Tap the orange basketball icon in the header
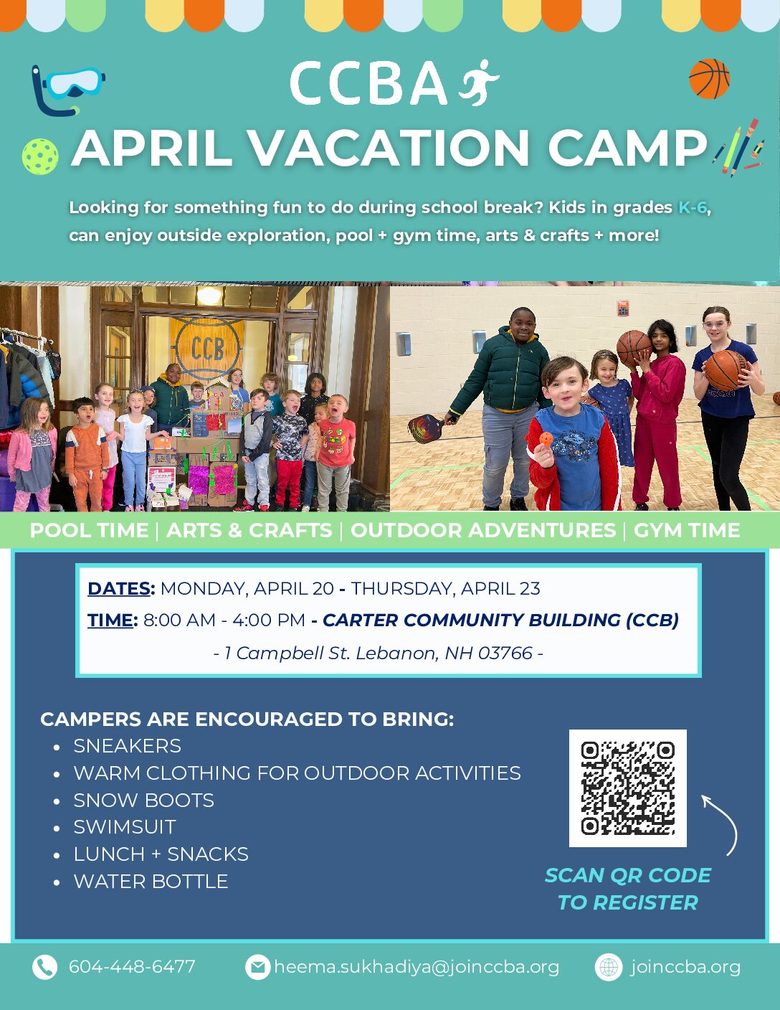[709, 79]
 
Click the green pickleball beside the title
[40, 156]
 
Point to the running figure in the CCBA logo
[479, 82]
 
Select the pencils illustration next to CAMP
[739, 148]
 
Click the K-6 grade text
[693, 207]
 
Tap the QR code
[627, 788]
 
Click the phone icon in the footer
[44, 967]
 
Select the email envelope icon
[257, 967]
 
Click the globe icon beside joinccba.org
[609, 967]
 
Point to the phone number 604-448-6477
[132, 967]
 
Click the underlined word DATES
[119, 588]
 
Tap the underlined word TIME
[110, 620]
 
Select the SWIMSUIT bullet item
[125, 827]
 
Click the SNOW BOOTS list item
[143, 800]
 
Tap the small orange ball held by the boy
[546, 438]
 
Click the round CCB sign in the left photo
[208, 348]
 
